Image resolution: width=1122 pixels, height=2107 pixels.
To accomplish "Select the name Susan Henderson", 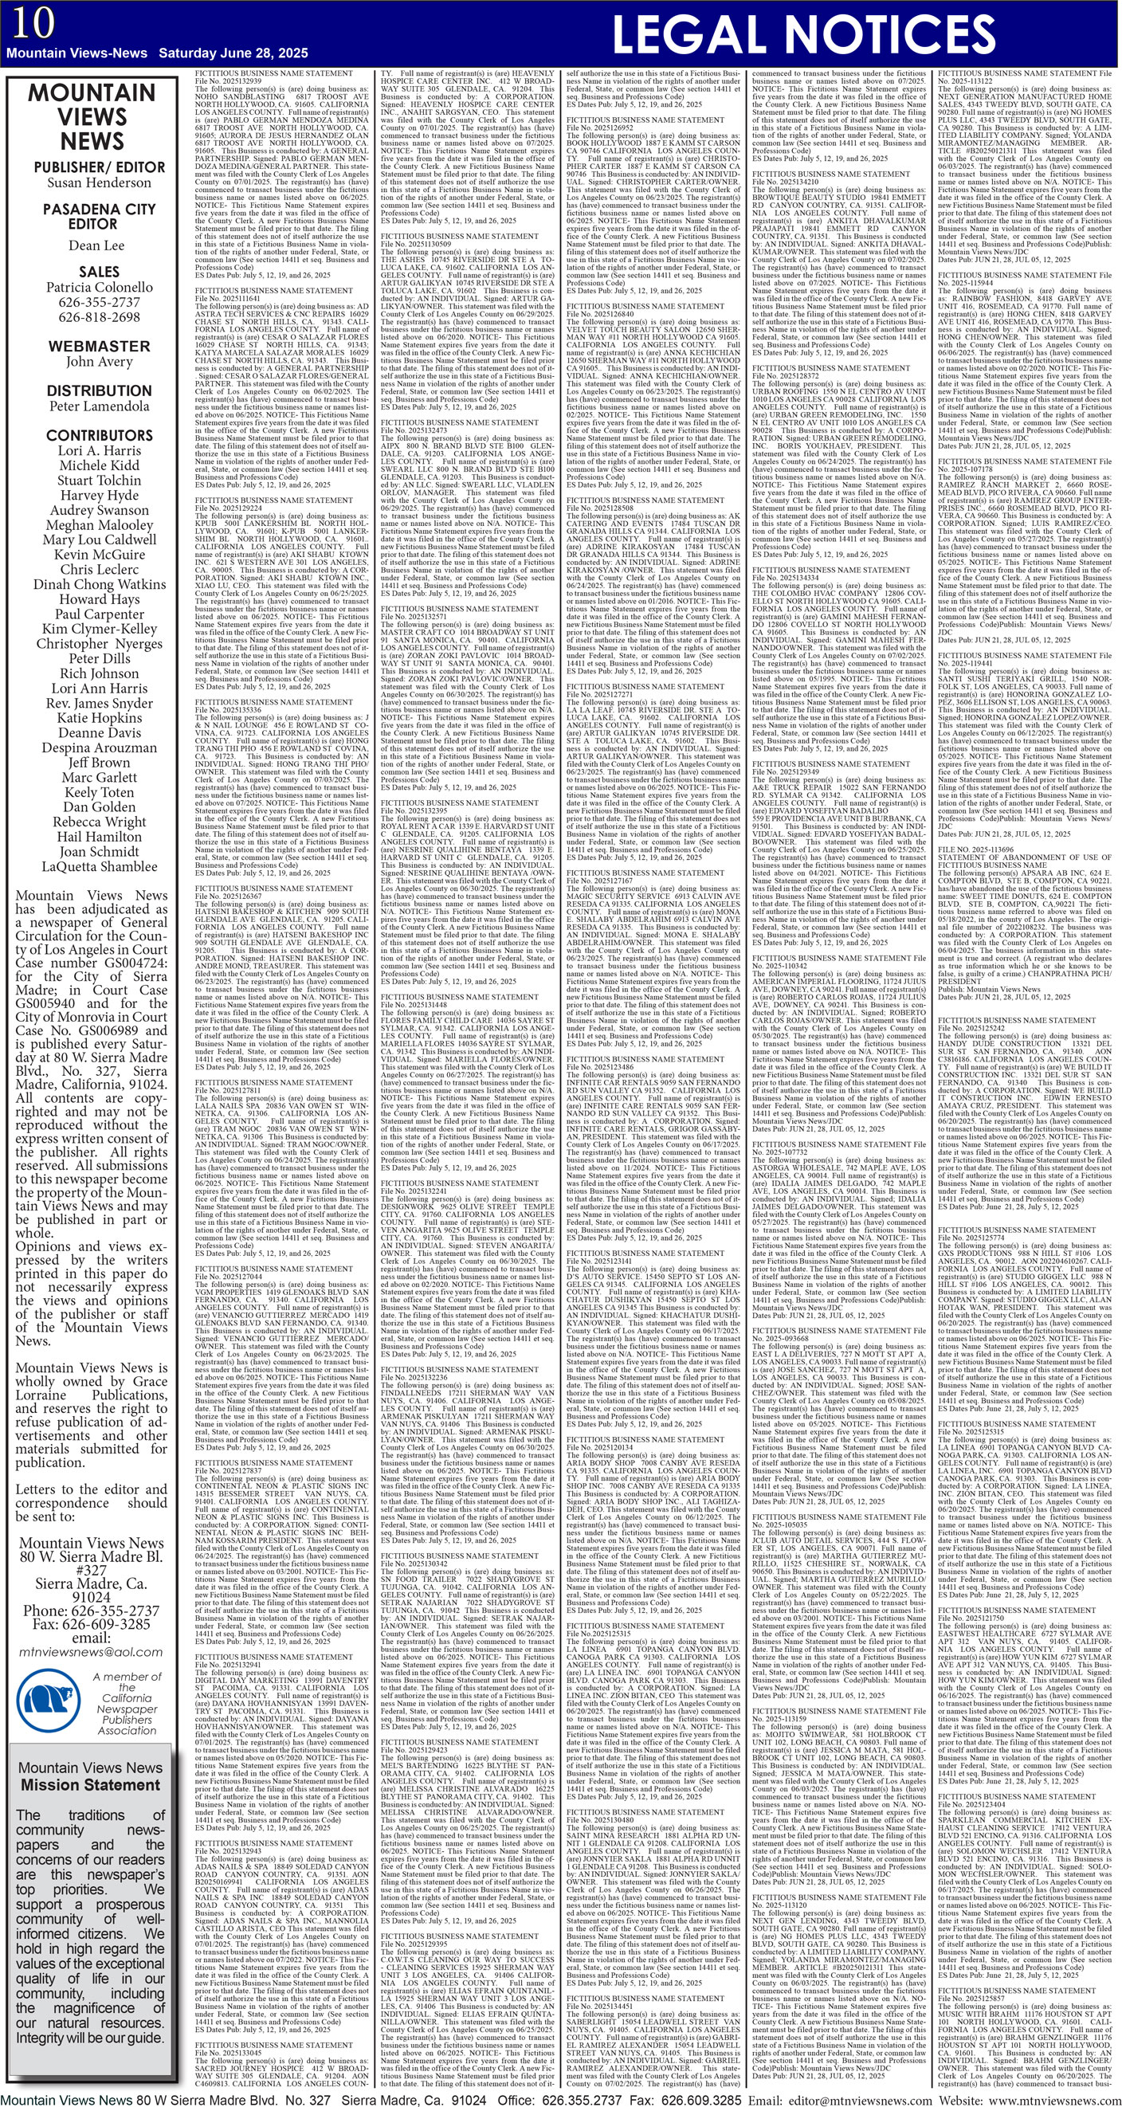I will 99,182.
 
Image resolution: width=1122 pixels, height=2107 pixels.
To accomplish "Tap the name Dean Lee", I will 96,245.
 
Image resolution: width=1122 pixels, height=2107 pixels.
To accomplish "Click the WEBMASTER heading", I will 98,346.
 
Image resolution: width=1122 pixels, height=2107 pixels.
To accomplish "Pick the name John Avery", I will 99,362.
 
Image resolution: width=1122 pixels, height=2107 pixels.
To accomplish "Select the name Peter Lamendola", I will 99,406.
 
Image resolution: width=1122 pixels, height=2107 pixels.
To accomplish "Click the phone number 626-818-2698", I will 99,317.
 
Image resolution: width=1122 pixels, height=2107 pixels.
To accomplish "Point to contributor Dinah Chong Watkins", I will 99,584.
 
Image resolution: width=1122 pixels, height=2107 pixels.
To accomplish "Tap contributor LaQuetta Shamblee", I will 99,866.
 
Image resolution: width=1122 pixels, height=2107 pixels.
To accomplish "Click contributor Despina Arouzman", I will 99,747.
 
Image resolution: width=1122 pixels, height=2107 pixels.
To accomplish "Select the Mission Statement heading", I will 91,1785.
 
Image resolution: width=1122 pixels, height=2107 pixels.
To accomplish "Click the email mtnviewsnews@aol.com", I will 91,1651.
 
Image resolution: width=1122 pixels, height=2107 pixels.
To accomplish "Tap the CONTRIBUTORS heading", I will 99,435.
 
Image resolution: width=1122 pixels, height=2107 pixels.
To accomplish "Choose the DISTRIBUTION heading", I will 99,390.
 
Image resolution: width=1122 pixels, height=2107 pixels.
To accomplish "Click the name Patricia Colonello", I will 99,287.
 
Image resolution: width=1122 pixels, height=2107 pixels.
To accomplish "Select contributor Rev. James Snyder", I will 99,704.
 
